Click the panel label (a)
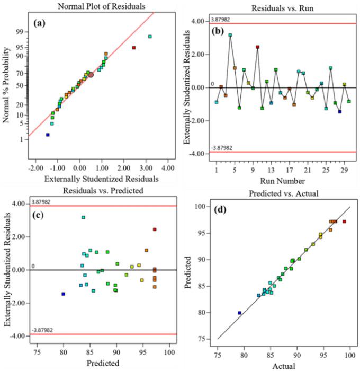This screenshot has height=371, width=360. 41,24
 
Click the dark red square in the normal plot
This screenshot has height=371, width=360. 134,48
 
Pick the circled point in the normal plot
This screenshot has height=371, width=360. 91,75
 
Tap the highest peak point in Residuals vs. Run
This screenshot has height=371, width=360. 230,35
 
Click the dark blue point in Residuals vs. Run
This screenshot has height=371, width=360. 339,112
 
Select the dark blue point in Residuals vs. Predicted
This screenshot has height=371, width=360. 64,294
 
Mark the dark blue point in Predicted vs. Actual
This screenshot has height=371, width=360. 239,313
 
